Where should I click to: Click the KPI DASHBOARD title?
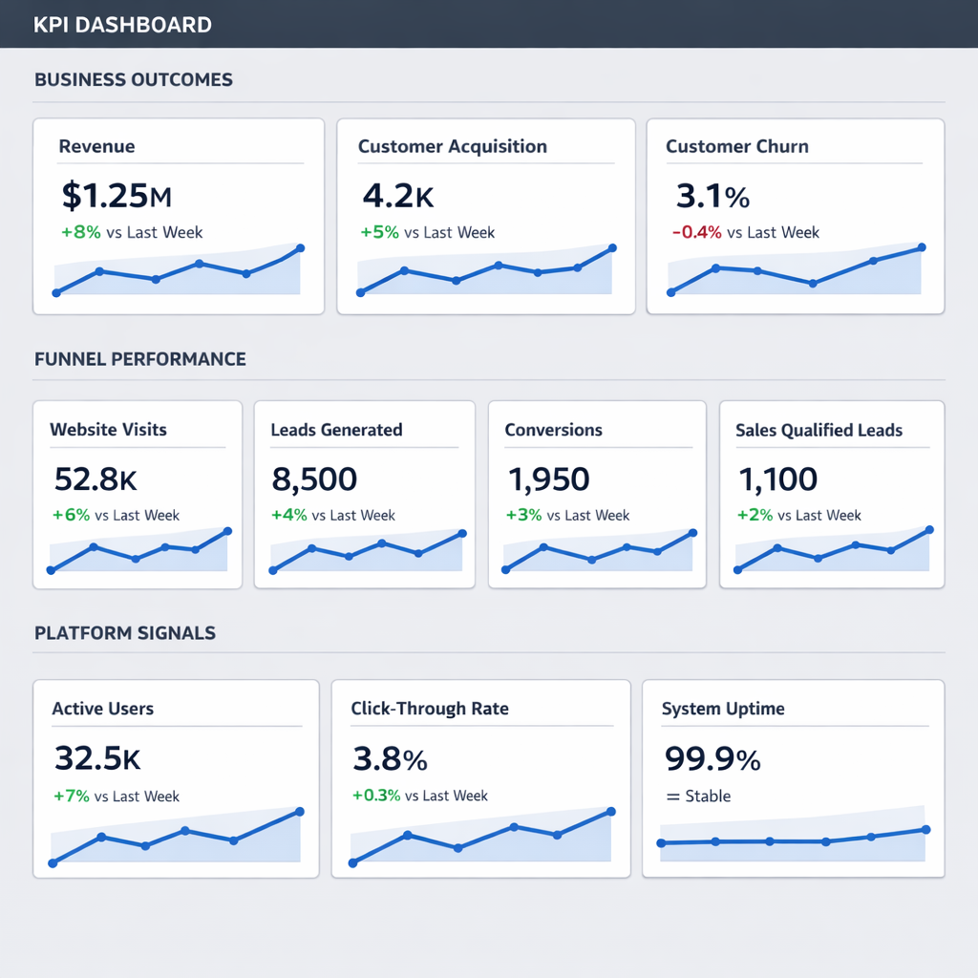(122, 25)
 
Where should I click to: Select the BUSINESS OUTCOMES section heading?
(134, 79)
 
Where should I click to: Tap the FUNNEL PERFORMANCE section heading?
(140, 359)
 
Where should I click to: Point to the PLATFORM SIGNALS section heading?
(125, 632)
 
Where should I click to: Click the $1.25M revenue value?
(116, 196)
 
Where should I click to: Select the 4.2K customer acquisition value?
(397, 196)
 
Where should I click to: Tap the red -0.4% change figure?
(696, 232)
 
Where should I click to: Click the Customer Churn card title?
(736, 146)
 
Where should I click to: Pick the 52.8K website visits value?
(95, 478)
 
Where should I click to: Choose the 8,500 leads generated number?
(313, 478)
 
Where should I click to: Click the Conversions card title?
(553, 430)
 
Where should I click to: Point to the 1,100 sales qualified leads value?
(777, 478)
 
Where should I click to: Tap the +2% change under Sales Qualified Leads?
(755, 515)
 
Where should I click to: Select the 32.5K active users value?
(97, 757)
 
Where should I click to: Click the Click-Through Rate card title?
(429, 709)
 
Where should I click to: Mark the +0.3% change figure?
(376, 796)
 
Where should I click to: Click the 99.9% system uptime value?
(712, 759)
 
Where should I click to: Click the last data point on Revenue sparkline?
(300, 248)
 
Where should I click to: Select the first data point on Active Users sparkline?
(53, 863)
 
